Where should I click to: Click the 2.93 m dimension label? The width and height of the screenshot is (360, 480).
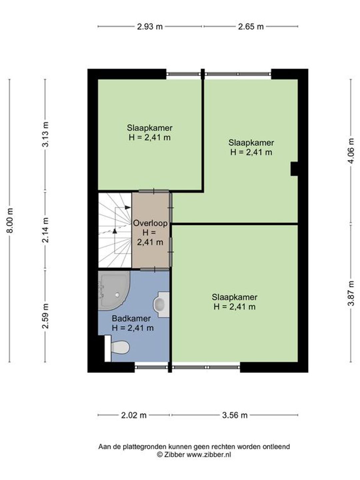(x=150, y=27)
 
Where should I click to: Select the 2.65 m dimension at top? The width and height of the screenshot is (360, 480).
(x=251, y=27)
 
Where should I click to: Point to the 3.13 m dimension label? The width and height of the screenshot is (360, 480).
(x=45, y=134)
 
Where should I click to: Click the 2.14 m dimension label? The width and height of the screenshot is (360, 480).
(x=45, y=230)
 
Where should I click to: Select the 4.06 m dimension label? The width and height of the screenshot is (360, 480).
(x=351, y=151)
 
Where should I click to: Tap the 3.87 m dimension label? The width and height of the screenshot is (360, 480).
(x=351, y=293)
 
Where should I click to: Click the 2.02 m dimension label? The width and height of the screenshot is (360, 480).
(x=134, y=415)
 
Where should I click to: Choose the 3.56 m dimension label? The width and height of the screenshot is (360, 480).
(x=235, y=415)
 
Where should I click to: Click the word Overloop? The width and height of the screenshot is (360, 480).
(x=150, y=223)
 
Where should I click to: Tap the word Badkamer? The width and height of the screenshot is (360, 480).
(x=131, y=318)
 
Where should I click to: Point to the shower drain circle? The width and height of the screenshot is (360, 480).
(x=117, y=295)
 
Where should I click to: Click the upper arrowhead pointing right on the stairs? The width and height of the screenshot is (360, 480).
(x=128, y=207)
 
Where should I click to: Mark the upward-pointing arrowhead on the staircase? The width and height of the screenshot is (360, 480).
(x=115, y=231)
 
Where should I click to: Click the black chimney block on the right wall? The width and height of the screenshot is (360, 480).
(x=294, y=169)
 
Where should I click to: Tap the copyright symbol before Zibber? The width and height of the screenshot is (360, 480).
(x=160, y=455)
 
